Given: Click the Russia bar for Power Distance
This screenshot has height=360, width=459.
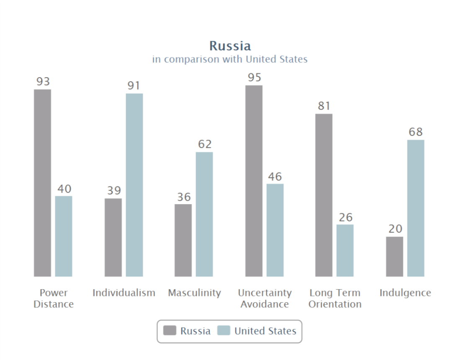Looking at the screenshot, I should tap(42, 183).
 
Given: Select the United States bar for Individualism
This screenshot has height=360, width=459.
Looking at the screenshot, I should tap(134, 185).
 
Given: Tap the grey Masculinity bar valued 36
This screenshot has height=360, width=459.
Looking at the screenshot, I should tap(183, 240).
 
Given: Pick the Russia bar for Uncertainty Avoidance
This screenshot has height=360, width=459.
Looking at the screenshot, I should tap(254, 181).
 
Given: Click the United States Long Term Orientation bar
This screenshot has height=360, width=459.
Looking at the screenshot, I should tap(345, 250).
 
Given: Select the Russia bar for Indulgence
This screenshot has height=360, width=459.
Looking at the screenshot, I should tap(395, 256).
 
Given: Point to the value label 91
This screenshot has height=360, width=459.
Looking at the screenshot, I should tap(134, 85).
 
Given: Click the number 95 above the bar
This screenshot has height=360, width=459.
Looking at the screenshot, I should tap(254, 78).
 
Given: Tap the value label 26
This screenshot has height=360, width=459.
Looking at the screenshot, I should tap(346, 217).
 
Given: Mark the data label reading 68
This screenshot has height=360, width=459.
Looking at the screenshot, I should tap(415, 132).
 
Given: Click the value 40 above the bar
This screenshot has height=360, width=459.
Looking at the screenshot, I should tap(64, 189).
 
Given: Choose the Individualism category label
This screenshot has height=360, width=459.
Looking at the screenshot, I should tap(124, 293).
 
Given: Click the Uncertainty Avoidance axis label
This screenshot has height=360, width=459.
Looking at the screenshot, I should tap(264, 298).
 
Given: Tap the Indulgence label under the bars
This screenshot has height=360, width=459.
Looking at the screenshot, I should tap(405, 293).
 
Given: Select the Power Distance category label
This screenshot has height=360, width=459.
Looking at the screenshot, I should tap(53, 298).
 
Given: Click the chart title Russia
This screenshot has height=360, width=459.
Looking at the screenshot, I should tap(230, 46).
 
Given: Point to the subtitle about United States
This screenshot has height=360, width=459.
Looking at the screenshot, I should tap(230, 59).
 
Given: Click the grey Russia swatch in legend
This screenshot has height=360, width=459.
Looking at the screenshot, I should tap(170, 331).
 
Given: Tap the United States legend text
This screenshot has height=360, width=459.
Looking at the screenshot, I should tap(265, 331).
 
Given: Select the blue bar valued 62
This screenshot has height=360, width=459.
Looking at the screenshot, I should tap(204, 214).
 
